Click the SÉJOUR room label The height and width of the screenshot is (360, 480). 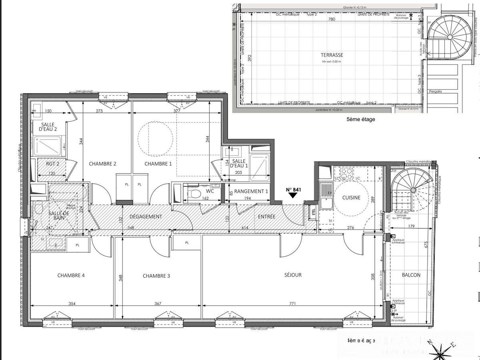293,275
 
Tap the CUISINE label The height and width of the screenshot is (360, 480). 352,197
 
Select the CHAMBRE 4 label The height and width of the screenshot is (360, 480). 71,275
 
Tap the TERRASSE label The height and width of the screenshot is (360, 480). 332,55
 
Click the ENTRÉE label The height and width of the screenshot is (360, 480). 266,216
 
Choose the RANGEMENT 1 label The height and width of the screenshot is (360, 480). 251,191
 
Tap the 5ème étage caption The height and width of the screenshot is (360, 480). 361,119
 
